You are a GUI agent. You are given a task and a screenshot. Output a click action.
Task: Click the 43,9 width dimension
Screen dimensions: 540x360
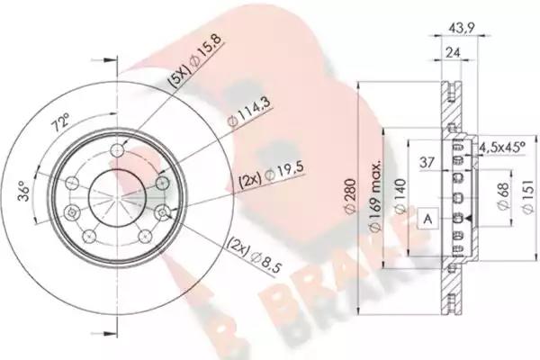point(460,27)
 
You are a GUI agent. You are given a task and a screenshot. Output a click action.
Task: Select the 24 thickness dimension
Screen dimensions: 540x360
point(453,53)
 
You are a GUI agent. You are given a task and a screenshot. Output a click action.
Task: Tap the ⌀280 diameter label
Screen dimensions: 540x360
point(350,197)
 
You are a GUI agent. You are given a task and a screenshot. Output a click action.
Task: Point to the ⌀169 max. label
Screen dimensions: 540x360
point(374,197)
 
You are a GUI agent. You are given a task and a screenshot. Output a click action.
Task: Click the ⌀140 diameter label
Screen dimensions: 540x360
point(400,196)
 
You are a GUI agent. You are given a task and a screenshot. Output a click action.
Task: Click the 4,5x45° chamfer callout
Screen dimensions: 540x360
point(502,148)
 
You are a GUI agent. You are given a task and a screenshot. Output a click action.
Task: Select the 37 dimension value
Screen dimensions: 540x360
point(427,162)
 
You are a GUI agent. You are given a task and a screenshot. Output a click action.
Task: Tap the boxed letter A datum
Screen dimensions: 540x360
point(427,219)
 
